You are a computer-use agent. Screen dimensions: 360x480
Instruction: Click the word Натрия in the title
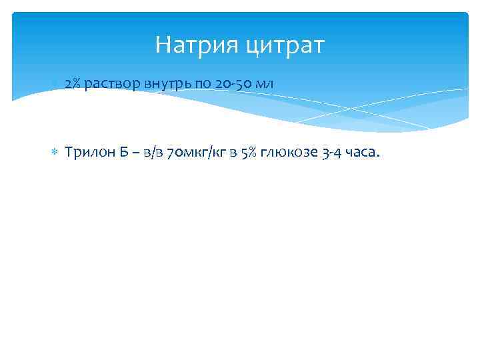[195, 46]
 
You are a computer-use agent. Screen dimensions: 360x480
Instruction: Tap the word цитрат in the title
[285, 47]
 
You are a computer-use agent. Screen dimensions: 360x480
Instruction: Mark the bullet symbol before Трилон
[55, 153]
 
